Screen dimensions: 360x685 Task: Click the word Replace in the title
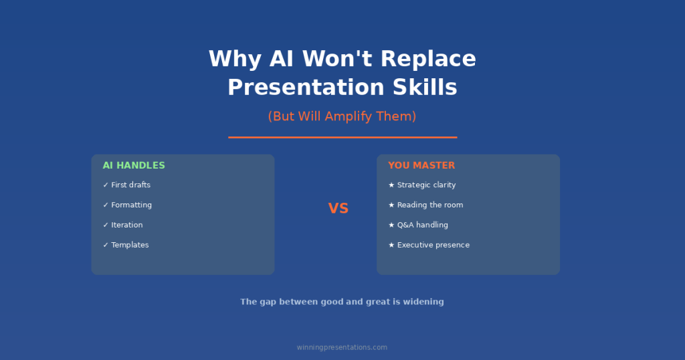[428, 59]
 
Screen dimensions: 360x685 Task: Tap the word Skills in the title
[424, 88]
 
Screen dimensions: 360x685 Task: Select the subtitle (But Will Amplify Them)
[342, 116]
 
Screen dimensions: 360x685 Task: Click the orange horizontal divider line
[342, 137]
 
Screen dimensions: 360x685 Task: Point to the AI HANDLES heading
[134, 165]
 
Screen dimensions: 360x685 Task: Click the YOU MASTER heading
[421, 165]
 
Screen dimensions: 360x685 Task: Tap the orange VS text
[338, 209]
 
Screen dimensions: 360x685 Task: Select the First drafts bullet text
[130, 185]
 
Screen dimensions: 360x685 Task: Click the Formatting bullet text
[131, 205]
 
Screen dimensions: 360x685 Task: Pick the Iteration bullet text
[126, 225]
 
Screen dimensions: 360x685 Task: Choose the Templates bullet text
[130, 245]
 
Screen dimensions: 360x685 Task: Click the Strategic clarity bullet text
[426, 185]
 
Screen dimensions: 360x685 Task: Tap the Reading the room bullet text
[429, 205]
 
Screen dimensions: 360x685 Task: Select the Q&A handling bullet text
[422, 225]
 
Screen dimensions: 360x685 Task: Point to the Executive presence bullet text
[433, 245]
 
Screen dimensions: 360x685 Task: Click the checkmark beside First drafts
[106, 185]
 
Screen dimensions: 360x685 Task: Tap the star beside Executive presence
[391, 245]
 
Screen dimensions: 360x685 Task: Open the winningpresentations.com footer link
[342, 347]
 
